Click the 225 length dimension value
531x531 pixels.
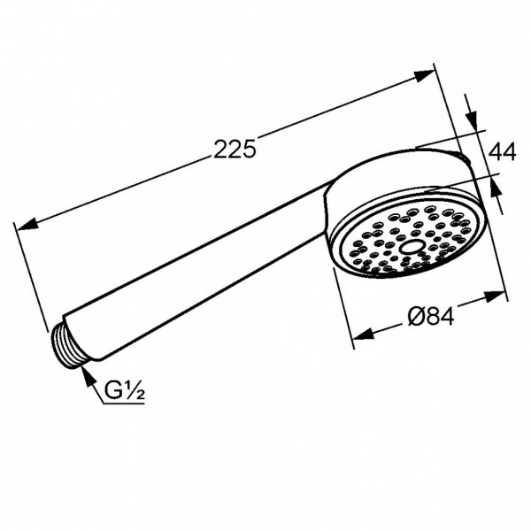(235, 149)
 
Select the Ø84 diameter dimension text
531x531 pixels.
(430, 317)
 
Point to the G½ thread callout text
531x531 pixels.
(124, 390)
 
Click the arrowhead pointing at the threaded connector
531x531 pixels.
(88, 376)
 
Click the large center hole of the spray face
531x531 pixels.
(410, 247)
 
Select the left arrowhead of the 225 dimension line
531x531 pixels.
(27, 225)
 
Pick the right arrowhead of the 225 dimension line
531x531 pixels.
(424, 76)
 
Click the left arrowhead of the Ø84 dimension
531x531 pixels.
(362, 335)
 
